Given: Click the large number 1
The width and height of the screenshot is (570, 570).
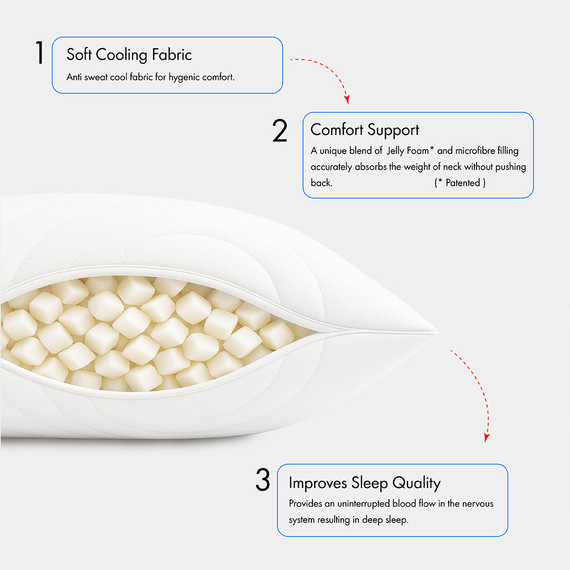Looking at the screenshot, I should (40, 53).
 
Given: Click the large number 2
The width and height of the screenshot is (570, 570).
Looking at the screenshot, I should (280, 131).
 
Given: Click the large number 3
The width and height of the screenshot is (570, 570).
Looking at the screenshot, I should (262, 480).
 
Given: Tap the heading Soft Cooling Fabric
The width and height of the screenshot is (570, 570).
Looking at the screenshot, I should (129, 54).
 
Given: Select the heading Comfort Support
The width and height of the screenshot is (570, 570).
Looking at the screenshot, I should (365, 130).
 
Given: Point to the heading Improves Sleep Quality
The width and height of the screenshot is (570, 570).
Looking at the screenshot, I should (364, 483).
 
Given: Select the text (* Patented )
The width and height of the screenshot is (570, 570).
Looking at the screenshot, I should (460, 183).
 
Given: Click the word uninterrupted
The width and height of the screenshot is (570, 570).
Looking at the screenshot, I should (360, 503).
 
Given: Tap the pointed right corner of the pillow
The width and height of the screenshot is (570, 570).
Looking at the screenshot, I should (434, 332).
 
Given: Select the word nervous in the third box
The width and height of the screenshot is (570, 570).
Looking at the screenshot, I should (478, 503).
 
